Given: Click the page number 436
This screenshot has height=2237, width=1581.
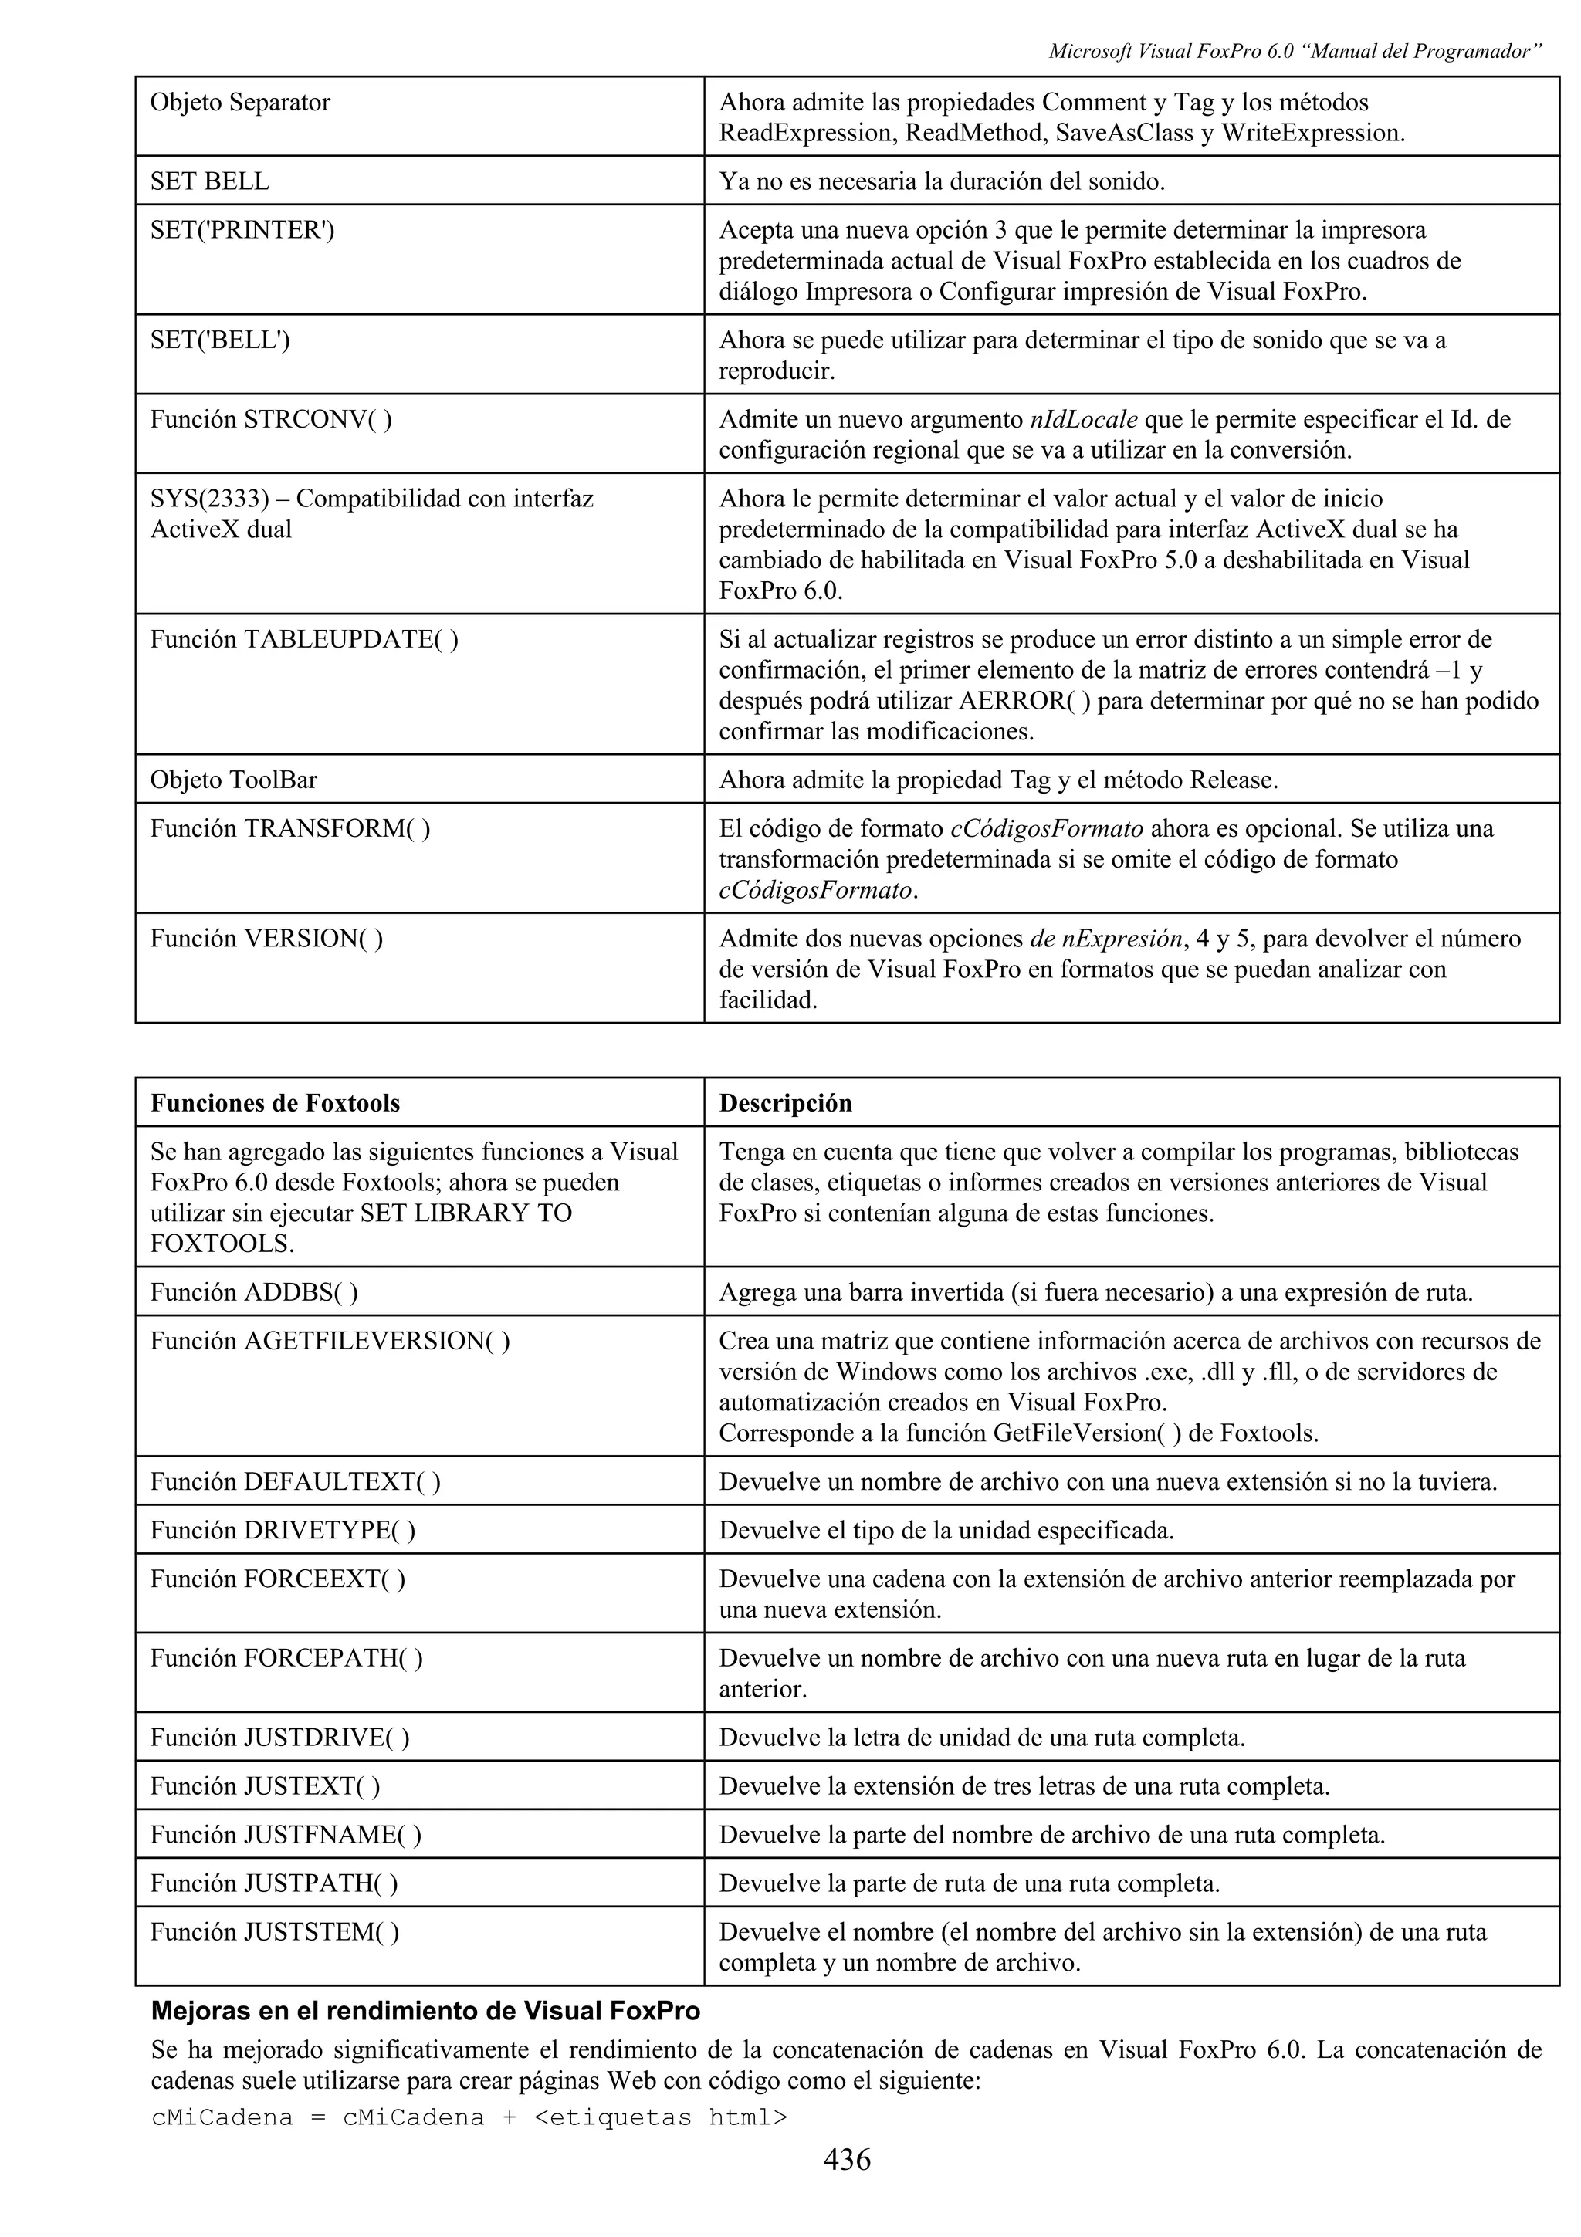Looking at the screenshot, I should point(847,2159).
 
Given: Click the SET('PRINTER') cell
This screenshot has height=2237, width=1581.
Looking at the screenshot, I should point(242,230).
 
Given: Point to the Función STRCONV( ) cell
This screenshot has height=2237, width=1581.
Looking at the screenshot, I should point(271,419).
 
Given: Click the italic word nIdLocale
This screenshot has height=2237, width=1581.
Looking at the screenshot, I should point(1082,420).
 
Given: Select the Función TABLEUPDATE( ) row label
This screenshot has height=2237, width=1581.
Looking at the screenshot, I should point(304,639).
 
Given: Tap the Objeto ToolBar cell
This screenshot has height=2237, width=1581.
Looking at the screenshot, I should point(234,780).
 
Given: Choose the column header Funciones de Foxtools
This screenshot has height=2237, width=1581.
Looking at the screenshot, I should point(275,1103).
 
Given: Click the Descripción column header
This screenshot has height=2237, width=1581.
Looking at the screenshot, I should point(785,1103).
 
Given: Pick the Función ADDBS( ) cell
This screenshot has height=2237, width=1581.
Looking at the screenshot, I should point(253,1292).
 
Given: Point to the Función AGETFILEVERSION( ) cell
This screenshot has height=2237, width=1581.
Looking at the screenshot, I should point(330,1341).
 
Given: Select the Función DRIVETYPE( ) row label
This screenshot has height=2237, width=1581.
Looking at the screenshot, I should point(283,1530).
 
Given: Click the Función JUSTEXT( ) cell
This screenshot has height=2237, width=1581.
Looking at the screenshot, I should point(265,1786).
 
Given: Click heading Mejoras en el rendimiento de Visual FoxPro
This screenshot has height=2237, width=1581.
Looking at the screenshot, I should point(425,2010).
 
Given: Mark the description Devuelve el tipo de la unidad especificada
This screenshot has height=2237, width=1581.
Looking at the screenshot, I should point(946,1530).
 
